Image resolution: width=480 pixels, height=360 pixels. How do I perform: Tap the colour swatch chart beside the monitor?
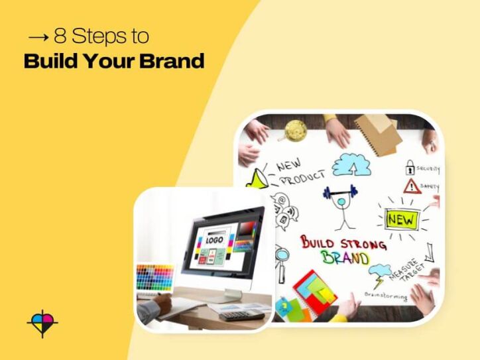pos(154,278)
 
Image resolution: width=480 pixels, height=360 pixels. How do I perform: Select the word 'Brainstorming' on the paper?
pos(387,295)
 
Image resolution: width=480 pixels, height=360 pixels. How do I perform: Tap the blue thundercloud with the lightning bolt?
pos(381,274)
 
